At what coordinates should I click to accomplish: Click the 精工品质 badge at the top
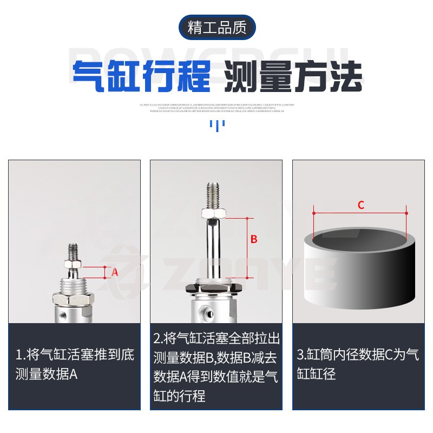tap(216, 28)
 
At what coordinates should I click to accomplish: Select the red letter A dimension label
tap(115, 273)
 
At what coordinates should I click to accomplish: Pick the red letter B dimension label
tap(253, 239)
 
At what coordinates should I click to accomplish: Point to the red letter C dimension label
tap(361, 205)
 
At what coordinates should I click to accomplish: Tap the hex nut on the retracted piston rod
tap(73, 264)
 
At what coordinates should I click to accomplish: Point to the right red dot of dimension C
tap(407, 213)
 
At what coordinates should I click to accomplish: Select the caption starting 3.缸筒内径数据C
tap(357, 364)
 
